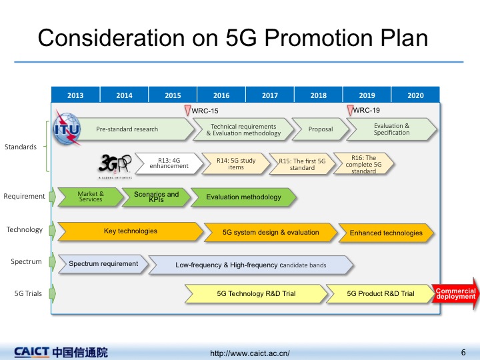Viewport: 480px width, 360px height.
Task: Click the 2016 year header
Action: (221, 95)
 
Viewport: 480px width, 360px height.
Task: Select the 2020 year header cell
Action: (415, 95)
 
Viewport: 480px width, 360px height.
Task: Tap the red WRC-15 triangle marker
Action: (187, 110)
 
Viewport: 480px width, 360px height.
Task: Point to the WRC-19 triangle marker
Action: (350, 110)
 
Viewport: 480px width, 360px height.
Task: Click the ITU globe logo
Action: (67, 128)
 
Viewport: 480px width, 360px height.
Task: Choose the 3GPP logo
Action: (115, 165)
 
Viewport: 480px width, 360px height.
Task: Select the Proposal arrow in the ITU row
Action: (320, 129)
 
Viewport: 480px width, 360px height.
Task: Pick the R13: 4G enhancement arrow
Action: (169, 163)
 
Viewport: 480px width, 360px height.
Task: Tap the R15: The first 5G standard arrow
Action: (302, 164)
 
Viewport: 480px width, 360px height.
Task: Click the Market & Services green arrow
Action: (91, 197)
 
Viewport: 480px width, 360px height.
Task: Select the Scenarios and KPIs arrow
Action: (156, 197)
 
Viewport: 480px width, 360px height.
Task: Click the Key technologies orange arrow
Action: (131, 231)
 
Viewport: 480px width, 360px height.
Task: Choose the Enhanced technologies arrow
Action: (386, 233)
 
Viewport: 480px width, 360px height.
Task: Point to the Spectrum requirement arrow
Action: (103, 264)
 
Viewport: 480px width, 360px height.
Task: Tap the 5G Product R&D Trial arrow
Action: (381, 293)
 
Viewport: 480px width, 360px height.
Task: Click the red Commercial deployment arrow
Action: (455, 293)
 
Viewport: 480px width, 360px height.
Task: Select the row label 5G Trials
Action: (28, 293)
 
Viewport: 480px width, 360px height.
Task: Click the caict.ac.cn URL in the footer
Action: (250, 353)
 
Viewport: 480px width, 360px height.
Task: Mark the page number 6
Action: (463, 353)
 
